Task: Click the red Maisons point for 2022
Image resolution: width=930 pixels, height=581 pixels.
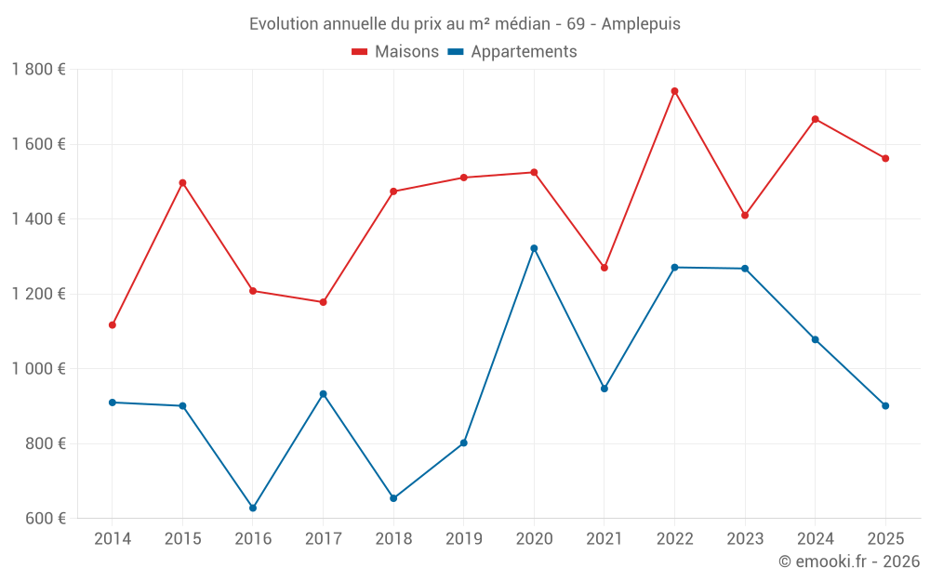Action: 674,91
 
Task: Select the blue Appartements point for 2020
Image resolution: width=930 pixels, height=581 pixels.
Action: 534,248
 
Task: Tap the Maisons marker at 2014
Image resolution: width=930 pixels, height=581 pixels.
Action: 113,325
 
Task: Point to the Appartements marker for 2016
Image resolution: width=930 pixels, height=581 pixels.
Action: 253,508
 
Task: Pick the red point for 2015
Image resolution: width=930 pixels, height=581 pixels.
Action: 182,183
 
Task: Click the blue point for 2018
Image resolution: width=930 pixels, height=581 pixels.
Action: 393,498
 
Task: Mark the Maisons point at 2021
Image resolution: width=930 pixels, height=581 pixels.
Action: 604,268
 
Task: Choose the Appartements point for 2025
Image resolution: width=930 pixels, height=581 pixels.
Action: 885,406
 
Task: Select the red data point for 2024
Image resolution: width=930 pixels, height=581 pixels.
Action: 816,119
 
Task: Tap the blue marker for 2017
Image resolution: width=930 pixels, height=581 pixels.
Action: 323,394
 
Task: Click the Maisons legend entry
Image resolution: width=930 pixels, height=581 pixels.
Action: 395,52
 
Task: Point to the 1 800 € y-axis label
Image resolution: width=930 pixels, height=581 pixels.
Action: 38,70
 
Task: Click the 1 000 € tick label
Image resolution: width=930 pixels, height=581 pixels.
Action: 38,369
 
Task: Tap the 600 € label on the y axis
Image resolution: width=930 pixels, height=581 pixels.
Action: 44,519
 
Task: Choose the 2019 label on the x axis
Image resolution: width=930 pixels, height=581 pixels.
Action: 463,539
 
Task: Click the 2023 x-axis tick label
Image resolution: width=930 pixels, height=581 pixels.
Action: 745,539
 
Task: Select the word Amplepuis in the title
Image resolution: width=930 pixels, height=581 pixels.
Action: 641,24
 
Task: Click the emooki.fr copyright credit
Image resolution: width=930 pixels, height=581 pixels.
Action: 849,561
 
